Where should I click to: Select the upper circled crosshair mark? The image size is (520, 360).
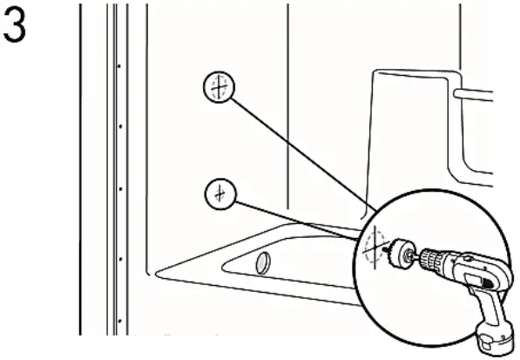click(x=218, y=87)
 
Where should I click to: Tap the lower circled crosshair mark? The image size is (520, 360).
click(x=221, y=193)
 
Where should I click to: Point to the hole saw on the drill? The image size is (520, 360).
click(x=402, y=253)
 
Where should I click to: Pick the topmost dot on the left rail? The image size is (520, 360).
click(x=119, y=65)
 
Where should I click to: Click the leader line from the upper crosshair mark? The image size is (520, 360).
click(x=296, y=148)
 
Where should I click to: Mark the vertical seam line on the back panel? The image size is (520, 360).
click(x=287, y=105)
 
